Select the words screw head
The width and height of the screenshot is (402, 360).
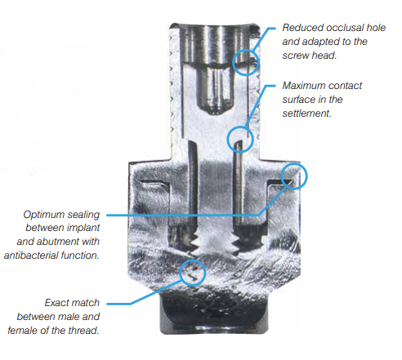pos(310,56)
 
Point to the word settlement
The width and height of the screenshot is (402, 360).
pos(306,113)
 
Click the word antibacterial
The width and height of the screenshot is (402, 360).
pos(31,256)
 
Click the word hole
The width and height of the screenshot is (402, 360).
pos(376,28)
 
